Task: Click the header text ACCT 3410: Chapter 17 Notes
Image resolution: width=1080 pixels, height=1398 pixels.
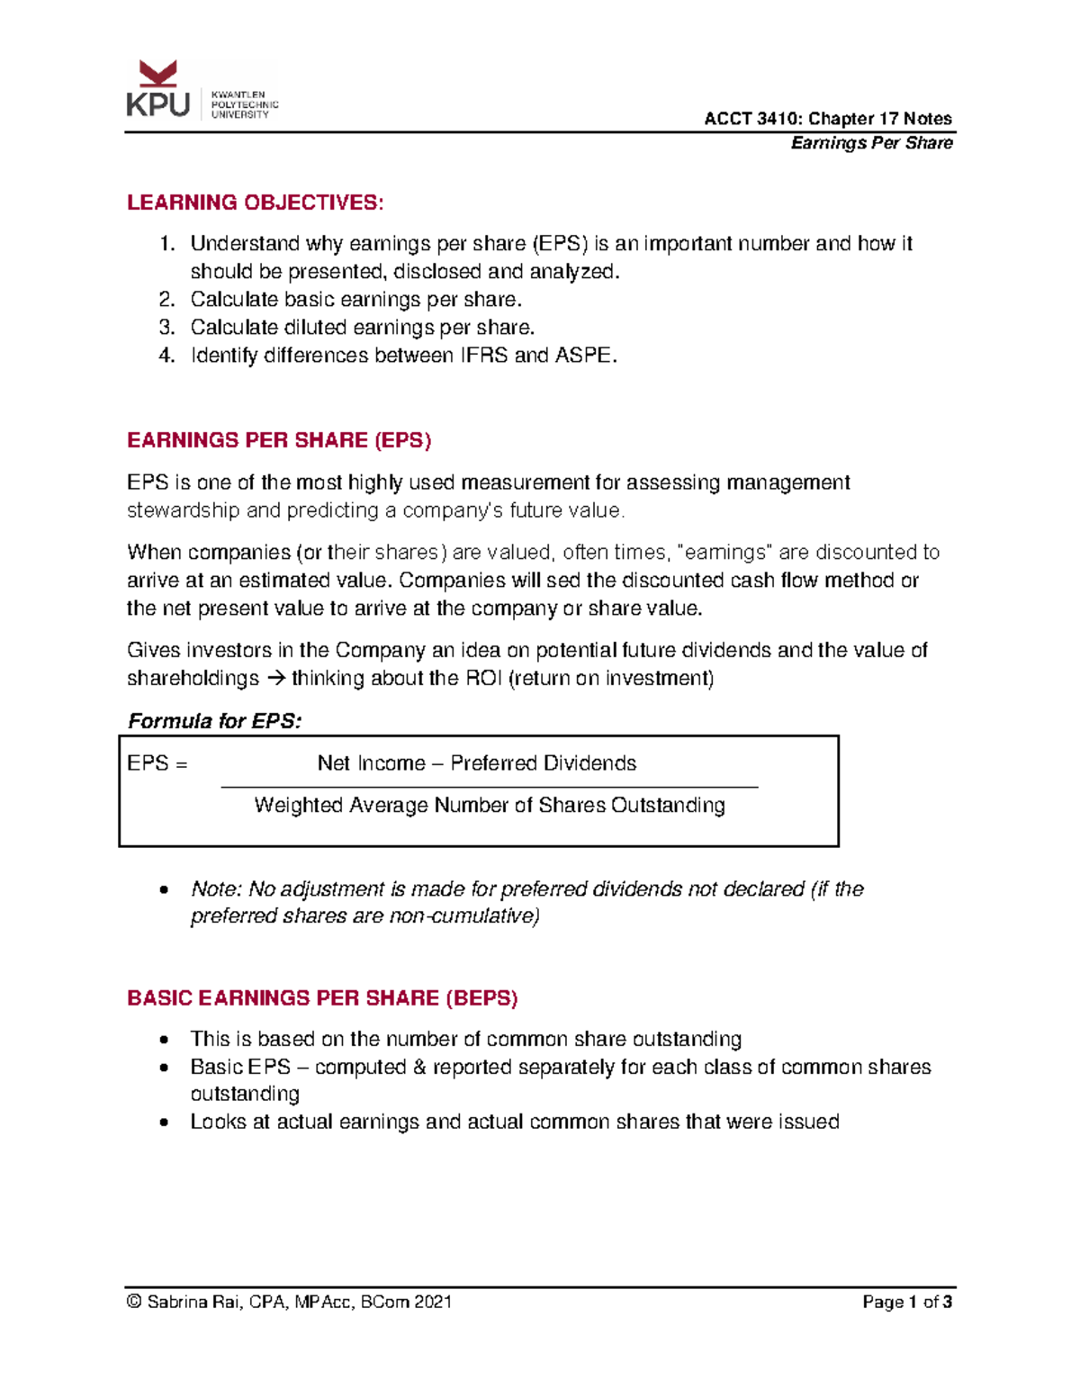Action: pyautogui.click(x=827, y=119)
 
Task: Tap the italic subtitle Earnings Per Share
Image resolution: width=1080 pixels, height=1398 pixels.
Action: pyautogui.click(x=871, y=143)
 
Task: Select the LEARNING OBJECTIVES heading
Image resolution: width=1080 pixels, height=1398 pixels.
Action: pyautogui.click(x=255, y=203)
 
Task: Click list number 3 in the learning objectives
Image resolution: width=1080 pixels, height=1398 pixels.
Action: pyautogui.click(x=166, y=328)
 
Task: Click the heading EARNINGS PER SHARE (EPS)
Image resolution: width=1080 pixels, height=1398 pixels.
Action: pyautogui.click(x=279, y=440)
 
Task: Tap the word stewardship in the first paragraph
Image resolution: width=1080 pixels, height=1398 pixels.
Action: pyautogui.click(x=184, y=510)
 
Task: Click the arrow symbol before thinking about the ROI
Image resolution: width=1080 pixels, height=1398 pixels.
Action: pyautogui.click(x=275, y=679)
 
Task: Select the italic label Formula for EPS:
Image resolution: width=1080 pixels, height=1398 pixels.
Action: pyautogui.click(x=214, y=721)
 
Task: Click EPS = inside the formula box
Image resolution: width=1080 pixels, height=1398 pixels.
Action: pyautogui.click(x=157, y=763)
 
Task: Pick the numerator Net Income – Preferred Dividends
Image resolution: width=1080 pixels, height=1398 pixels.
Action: pyautogui.click(x=476, y=763)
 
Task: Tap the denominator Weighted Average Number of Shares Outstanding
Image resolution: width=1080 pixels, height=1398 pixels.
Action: pyautogui.click(x=489, y=805)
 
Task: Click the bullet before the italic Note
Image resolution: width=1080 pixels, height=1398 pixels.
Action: pyautogui.click(x=163, y=890)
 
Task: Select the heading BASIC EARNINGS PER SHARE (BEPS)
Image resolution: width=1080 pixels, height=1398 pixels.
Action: pyautogui.click(x=322, y=998)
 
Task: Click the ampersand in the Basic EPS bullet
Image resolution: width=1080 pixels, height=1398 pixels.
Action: pyautogui.click(x=419, y=1067)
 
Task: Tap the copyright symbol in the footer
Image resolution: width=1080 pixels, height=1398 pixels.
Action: pyautogui.click(x=134, y=1302)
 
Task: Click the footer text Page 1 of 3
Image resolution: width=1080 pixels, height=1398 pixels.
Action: pyautogui.click(x=906, y=1302)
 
